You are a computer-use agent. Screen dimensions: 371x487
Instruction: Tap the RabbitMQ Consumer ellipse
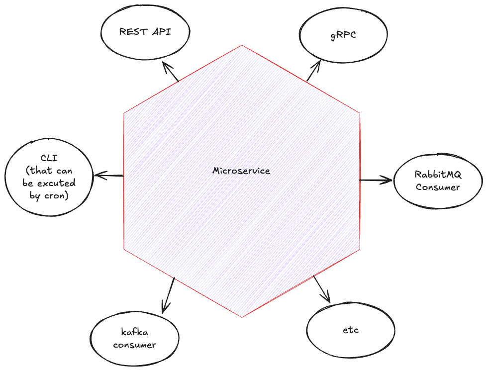coord(438,181)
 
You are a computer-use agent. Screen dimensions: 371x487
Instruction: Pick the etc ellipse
coord(351,330)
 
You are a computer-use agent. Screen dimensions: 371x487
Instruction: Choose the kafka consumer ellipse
coord(134,338)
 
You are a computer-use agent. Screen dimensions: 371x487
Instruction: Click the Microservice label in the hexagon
coord(241,171)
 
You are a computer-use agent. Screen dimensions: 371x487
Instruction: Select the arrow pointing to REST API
coord(170,73)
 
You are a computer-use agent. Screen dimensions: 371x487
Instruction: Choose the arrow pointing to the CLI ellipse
coord(108,176)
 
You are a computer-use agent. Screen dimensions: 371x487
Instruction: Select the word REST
coord(131,32)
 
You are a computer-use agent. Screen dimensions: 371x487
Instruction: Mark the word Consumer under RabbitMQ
coord(438,187)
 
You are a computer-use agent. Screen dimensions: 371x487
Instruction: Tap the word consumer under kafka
coord(134,344)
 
